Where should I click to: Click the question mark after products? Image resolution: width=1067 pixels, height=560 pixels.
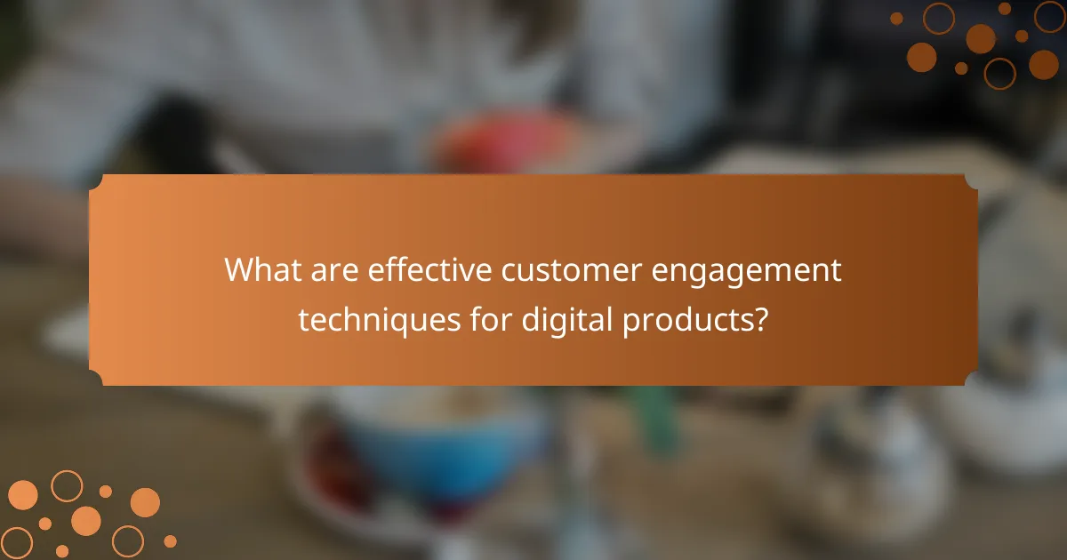click(x=760, y=319)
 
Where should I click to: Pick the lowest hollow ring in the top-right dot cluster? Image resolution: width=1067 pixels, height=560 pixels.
click(x=999, y=73)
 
